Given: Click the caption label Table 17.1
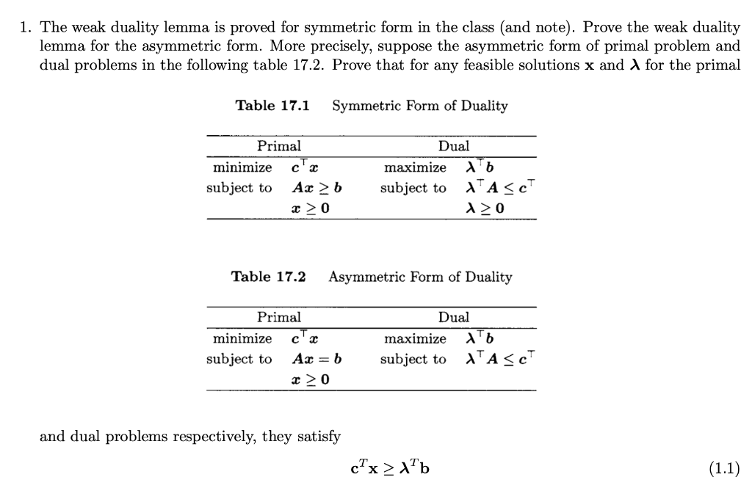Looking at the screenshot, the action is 272,106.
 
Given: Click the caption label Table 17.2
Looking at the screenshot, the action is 268,277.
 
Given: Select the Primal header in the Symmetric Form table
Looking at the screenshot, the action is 278,146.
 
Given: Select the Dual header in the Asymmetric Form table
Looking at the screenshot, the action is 453,317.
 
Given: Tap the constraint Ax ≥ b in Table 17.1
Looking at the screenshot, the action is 317,187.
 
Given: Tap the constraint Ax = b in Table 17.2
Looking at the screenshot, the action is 317,359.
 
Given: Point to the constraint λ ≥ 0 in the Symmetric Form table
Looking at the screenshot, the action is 485,208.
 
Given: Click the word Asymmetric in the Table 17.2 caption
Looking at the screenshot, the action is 368,277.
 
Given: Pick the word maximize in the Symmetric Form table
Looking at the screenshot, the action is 415,167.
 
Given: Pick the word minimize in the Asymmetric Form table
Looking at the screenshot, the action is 242,338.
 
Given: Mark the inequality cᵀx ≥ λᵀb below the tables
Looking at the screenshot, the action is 390,468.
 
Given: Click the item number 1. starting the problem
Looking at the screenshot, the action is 26,28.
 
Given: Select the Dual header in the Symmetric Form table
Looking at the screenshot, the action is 453,146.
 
